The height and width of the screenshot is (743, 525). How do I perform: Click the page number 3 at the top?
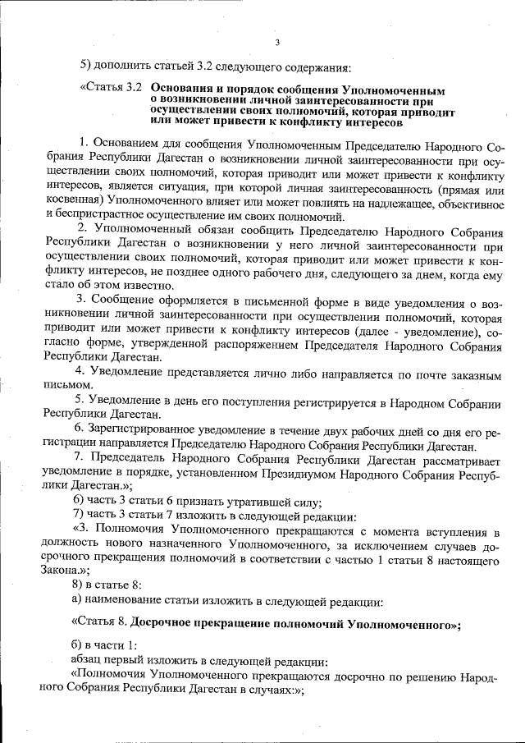pyautogui.click(x=277, y=43)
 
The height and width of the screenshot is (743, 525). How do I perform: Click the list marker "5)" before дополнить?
pyautogui.click(x=85, y=66)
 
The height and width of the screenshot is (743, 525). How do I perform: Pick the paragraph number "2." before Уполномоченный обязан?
pyautogui.click(x=82, y=230)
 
